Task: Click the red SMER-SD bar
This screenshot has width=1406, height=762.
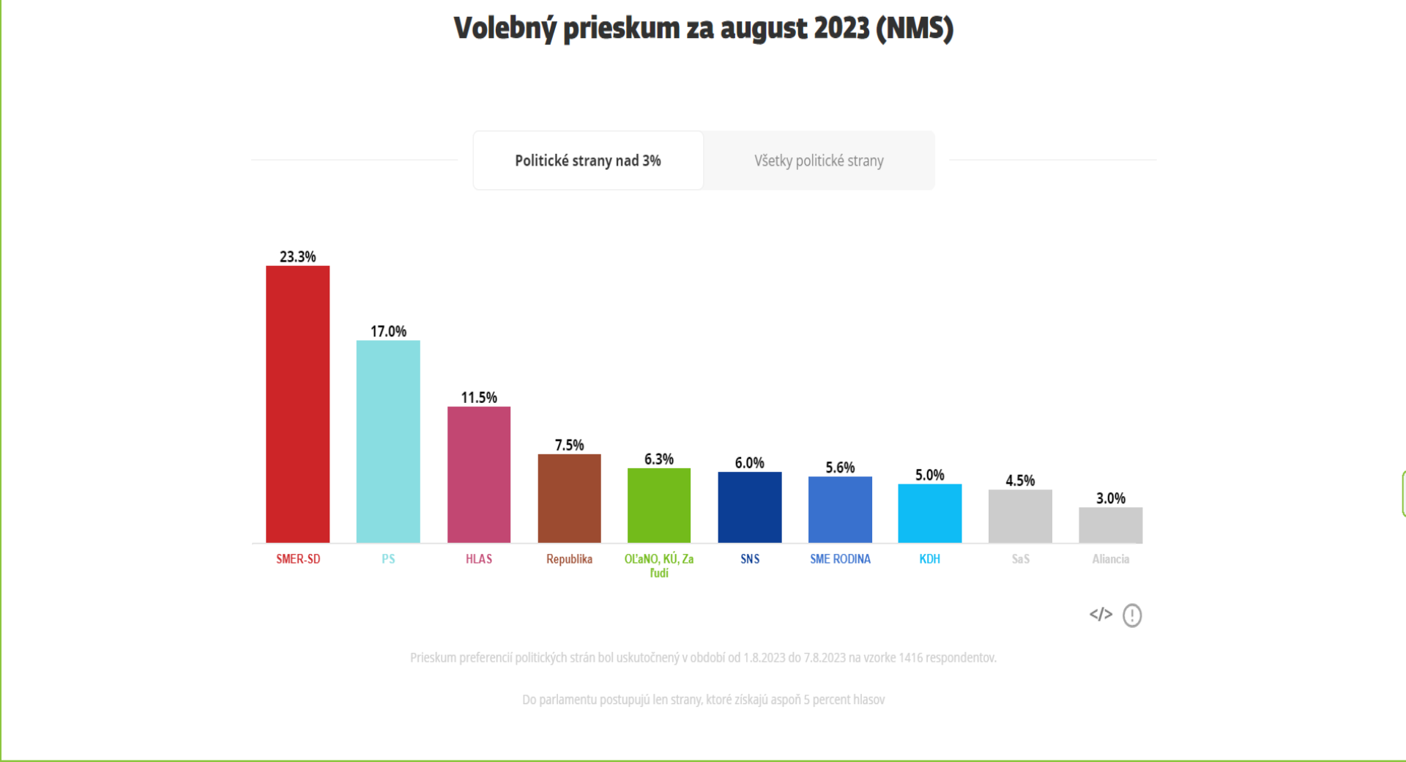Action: point(297,404)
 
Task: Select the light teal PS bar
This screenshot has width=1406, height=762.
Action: point(388,442)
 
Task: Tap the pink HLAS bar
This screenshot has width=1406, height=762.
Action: point(479,475)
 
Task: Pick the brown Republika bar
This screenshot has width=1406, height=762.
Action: point(569,498)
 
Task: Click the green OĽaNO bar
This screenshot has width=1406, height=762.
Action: point(659,506)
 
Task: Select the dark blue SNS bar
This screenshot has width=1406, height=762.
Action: point(750,507)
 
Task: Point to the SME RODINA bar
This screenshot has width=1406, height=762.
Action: point(840,510)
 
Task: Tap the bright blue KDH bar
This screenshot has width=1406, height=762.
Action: point(930,514)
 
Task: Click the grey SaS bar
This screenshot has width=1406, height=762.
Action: point(1020,517)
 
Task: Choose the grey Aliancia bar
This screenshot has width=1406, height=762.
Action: point(1111,525)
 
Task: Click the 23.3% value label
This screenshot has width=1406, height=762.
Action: point(298,256)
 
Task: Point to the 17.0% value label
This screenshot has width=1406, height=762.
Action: point(388,331)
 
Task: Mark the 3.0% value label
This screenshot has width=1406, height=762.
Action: point(1111,498)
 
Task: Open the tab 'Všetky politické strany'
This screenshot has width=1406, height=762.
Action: point(819,160)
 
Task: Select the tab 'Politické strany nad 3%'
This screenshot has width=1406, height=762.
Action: point(588,160)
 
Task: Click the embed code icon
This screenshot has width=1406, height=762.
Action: point(1101,614)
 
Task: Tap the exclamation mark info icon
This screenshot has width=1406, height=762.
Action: point(1132,615)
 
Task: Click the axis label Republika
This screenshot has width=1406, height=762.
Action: point(569,559)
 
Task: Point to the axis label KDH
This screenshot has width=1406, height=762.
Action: point(930,559)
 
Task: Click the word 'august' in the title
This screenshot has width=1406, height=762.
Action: point(763,29)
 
